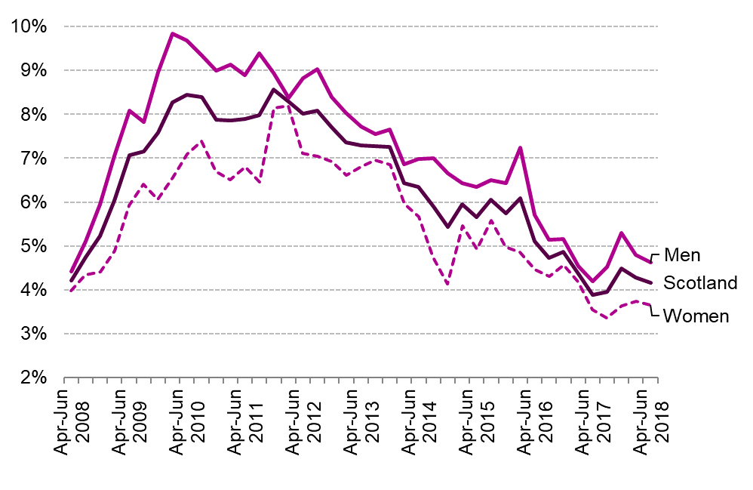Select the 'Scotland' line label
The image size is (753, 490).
tap(699, 283)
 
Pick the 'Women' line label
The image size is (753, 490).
tap(695, 316)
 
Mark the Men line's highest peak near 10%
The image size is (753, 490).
tap(173, 33)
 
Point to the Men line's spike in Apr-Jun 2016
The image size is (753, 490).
tap(521, 148)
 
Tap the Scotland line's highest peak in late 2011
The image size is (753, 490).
tap(274, 90)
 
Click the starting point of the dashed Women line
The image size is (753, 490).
tap(71, 291)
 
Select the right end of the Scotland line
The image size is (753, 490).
tap(650, 282)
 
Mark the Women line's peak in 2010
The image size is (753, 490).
tap(201, 141)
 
